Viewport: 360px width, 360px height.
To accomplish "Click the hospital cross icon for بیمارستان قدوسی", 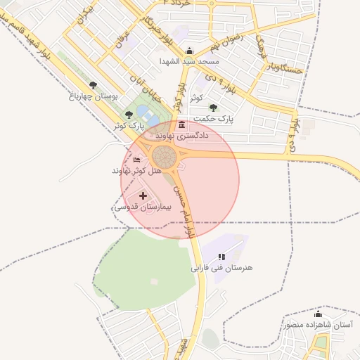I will click(x=143, y=196).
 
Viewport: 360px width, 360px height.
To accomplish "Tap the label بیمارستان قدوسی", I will click(x=143, y=208).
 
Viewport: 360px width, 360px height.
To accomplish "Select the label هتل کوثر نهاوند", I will click(x=136, y=171).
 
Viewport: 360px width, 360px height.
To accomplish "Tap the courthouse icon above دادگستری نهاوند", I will click(x=182, y=124).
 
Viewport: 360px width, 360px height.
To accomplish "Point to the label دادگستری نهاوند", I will click(x=182, y=134).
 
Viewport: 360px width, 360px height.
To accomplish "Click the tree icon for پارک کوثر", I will click(x=128, y=115).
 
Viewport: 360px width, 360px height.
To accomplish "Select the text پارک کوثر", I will click(x=128, y=125).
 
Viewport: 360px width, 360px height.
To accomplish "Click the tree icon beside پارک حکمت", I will click(x=213, y=108).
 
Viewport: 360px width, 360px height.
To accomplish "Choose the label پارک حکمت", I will click(x=215, y=119).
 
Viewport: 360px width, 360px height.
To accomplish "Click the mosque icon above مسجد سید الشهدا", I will click(x=189, y=51).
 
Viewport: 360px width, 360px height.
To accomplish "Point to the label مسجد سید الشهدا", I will click(x=193, y=61).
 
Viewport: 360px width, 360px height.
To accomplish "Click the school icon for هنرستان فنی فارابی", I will click(x=221, y=257).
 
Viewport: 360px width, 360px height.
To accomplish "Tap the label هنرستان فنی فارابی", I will click(x=221, y=268).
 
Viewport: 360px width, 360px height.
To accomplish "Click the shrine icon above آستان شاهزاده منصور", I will click(x=317, y=314).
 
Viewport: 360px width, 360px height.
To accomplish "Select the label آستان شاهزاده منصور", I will click(x=318, y=325).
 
